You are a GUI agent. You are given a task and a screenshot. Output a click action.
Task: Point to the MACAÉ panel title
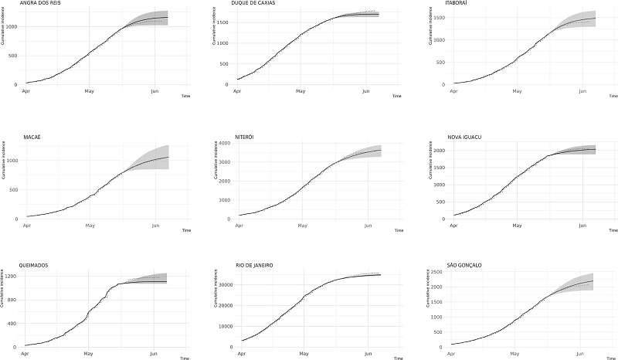point(31,137)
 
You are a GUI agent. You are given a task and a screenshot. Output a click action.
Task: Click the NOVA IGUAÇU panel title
point(464,137)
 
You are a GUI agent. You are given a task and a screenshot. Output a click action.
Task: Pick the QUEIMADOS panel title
point(35,265)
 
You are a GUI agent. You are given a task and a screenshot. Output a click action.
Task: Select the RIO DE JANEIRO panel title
point(250,265)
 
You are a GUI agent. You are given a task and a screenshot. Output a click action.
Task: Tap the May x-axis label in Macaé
point(90,226)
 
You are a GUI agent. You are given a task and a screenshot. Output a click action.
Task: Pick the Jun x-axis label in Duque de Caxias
point(366,91)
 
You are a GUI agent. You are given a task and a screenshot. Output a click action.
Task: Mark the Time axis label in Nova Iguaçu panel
point(608,230)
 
